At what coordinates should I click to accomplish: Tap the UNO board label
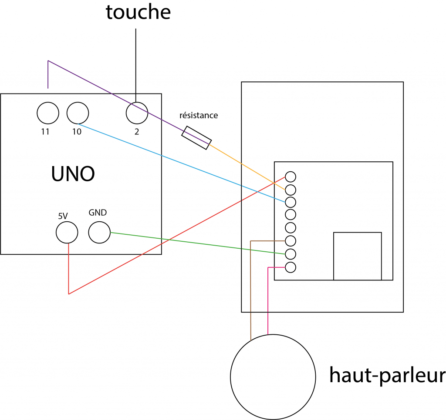pos(73,174)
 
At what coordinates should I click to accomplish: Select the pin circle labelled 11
pos(47,113)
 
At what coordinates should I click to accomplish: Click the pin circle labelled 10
pos(78,113)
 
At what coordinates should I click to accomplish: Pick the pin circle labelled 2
pos(137,113)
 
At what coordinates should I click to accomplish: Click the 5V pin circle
pos(67,232)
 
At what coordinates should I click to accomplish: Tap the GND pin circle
pos(99,232)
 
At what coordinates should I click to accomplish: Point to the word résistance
pos(199,116)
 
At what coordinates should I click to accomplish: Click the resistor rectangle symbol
pos(196,138)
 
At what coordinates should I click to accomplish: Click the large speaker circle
pos(273,377)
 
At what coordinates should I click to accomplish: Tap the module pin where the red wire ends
pos(291,177)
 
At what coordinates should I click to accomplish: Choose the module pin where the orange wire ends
pos(291,190)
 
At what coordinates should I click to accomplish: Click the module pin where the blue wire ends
pos(291,202)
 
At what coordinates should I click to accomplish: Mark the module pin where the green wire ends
pos(291,253)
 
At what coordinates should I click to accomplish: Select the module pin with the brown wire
pos(291,240)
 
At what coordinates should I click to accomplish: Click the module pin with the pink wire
pos(291,267)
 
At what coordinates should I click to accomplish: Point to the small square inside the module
pos(357,256)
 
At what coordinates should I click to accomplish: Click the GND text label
pos(98,213)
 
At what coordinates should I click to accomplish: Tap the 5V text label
pos(63,215)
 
